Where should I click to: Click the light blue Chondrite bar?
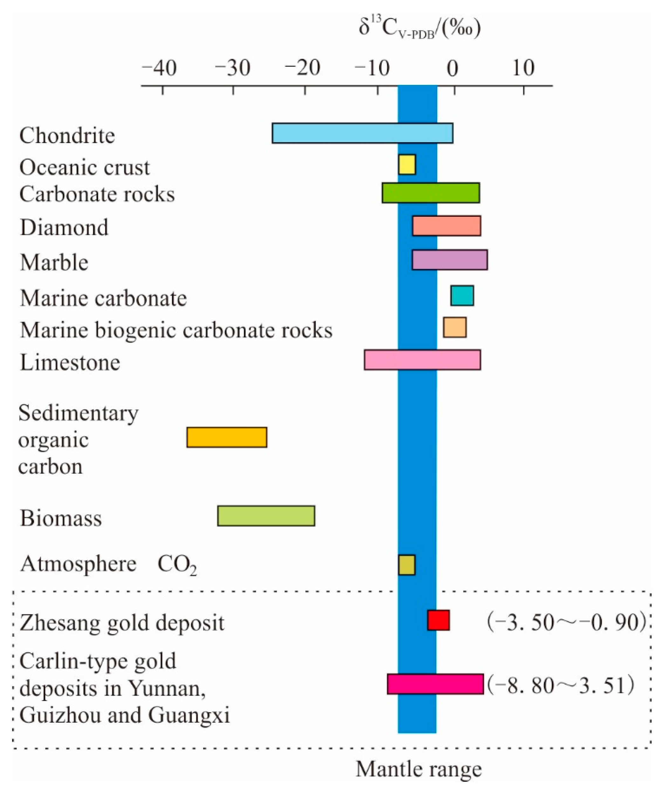pyautogui.click(x=362, y=133)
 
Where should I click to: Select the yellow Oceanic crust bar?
pyautogui.click(x=407, y=165)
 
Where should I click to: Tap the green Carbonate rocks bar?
pyautogui.click(x=431, y=193)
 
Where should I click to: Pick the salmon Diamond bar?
pyautogui.click(x=447, y=226)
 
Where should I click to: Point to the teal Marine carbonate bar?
pyautogui.click(x=462, y=296)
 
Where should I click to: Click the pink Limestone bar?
pyautogui.click(x=422, y=360)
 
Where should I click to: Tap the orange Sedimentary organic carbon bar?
pyautogui.click(x=227, y=437)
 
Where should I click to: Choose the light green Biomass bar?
pyautogui.click(x=266, y=516)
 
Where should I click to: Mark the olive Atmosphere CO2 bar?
pyautogui.click(x=407, y=565)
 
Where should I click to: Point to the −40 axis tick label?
pyautogui.click(x=160, y=69)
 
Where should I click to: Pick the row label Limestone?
pyautogui.click(x=70, y=362)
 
